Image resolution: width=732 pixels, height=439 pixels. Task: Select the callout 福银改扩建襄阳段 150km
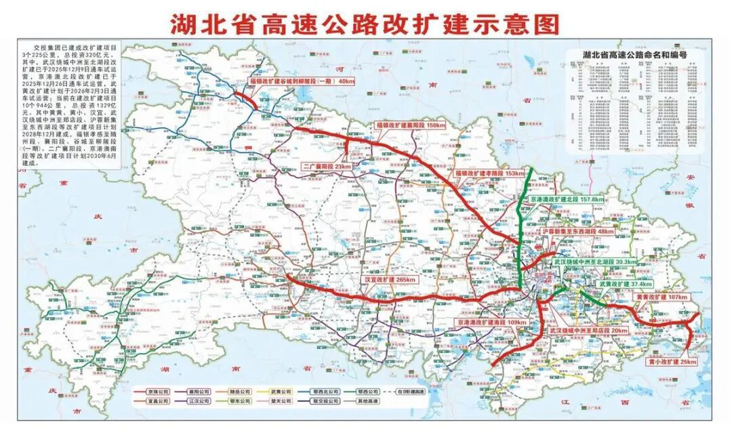tap(411, 126)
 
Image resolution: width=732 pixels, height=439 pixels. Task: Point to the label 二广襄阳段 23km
tap(327, 166)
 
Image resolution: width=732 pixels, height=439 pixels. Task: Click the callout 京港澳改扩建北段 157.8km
tap(567, 200)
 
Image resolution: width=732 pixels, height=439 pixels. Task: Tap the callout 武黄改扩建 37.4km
tap(624, 285)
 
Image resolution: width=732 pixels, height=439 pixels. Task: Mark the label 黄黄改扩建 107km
tap(661, 297)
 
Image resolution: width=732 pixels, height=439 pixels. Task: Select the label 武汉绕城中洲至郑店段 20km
tap(588, 331)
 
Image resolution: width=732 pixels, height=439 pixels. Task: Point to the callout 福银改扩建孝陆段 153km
tap(489, 174)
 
